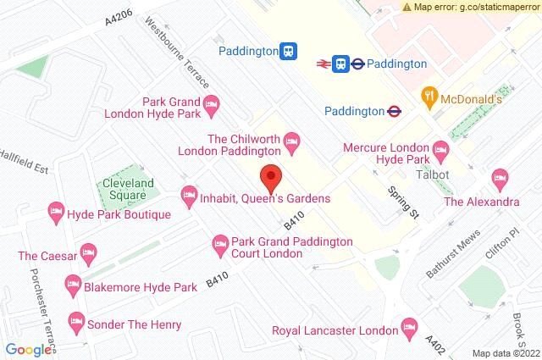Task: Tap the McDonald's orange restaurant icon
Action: (431, 96)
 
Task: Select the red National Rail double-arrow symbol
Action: (322, 63)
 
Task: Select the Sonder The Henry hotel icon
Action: (76, 321)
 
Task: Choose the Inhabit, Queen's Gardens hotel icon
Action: (189, 198)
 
